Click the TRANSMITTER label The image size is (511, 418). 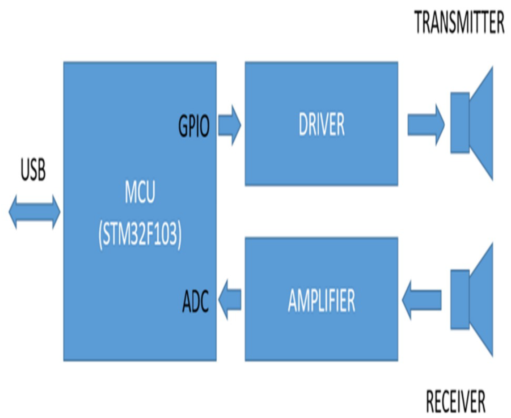[x=459, y=22]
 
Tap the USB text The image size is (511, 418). [x=33, y=170]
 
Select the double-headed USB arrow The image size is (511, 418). [x=34, y=212]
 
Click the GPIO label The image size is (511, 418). [x=194, y=126]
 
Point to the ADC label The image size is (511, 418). [x=195, y=302]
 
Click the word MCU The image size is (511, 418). [x=140, y=192]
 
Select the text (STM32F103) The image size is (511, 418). [x=140, y=235]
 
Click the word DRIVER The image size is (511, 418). [x=322, y=125]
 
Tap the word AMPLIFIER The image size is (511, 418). [x=322, y=301]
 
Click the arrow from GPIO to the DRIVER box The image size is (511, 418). [x=230, y=125]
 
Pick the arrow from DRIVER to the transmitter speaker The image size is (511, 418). [x=425, y=125]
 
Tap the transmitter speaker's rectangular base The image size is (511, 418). [x=460, y=123]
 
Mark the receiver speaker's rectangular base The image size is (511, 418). [x=460, y=299]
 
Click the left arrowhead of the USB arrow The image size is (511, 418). [x=13, y=212]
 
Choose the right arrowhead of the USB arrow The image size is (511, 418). [x=56, y=212]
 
